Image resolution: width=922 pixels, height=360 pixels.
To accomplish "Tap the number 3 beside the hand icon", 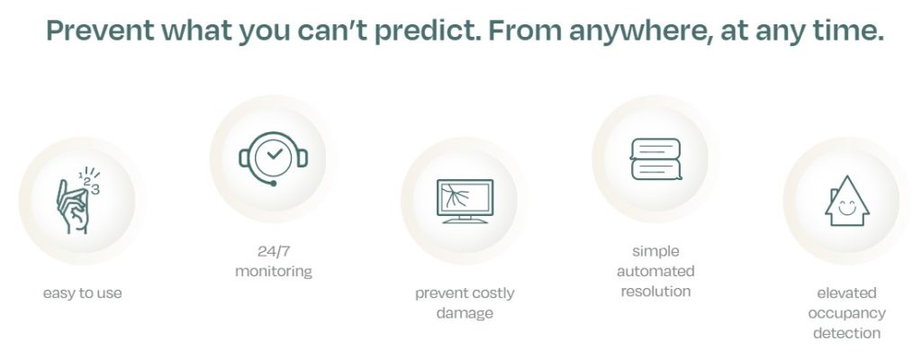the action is click(95, 189).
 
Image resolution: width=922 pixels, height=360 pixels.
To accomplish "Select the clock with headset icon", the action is click(274, 157).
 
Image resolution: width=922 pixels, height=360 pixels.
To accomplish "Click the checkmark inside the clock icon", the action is click(274, 154).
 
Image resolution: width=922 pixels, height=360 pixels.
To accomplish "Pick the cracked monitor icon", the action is click(465, 202).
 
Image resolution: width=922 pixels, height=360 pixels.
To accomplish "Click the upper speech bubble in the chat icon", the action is click(655, 148).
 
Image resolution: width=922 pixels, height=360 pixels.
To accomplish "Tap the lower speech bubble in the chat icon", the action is click(656, 169).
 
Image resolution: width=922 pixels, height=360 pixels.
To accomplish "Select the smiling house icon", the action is click(846, 202).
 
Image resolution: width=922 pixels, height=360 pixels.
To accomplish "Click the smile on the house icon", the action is click(846, 209).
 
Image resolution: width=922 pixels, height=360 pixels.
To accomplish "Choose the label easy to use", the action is click(82, 292).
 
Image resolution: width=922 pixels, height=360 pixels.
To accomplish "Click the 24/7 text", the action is click(274, 251).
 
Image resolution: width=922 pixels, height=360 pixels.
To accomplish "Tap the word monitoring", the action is click(274, 272).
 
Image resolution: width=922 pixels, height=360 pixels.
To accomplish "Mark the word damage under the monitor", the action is click(465, 313).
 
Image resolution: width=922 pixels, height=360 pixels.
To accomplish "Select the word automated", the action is click(655, 271).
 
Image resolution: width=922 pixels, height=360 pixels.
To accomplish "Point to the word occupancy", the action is click(846, 313).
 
